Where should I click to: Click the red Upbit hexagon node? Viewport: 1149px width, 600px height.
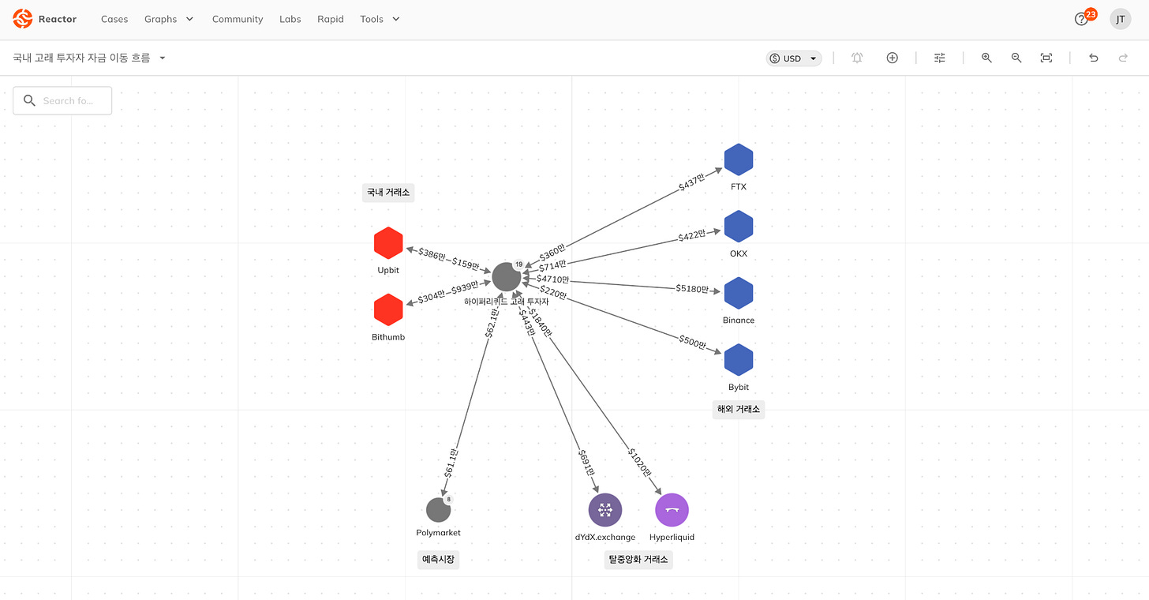[388, 243]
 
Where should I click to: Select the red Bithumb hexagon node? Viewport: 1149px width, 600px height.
[388, 309]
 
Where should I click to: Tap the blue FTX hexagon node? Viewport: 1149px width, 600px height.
[739, 159]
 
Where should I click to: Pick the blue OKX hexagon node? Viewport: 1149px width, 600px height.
[739, 227]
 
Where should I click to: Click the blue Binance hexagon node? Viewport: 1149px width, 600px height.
[739, 293]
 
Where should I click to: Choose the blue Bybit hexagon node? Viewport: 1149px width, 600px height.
[739, 360]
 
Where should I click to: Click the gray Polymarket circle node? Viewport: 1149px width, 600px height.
[438, 510]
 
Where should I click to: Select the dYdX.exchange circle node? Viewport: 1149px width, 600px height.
[605, 510]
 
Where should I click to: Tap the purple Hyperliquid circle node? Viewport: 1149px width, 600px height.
[672, 510]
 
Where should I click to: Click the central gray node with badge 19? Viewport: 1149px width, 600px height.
[507, 277]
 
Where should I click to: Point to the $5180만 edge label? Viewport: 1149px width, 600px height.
[692, 289]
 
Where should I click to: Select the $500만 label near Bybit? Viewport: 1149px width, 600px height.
[693, 342]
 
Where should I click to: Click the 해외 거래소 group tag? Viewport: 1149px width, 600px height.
[739, 409]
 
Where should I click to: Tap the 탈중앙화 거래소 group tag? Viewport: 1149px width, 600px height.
[638, 560]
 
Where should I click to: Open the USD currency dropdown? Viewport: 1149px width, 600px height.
[794, 58]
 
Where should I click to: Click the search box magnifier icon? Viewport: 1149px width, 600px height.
[30, 100]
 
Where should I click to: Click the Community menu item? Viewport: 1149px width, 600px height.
[238, 19]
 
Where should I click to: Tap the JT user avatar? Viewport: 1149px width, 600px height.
[1121, 19]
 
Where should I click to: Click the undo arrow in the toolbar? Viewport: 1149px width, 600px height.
[1094, 58]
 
